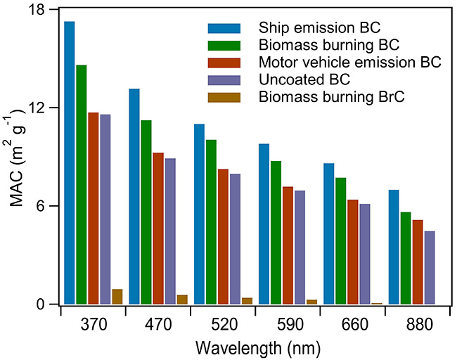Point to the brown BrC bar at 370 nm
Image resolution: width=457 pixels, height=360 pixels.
click(117, 297)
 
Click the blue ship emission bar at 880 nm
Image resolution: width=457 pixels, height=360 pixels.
click(393, 247)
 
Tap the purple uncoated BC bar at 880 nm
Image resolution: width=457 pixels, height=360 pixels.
click(430, 267)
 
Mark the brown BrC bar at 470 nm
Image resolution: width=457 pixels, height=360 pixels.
click(182, 300)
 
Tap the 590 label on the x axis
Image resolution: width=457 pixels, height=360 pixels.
click(289, 324)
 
